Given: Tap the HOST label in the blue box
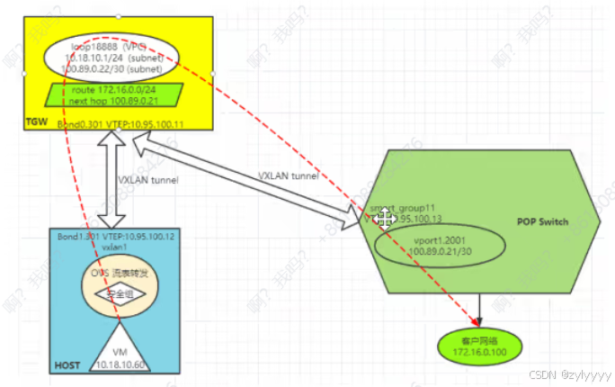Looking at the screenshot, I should click(69, 365).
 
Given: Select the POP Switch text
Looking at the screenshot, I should click(542, 221).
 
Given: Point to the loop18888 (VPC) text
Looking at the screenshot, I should click(109, 41).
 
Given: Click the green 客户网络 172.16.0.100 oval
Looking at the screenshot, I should click(480, 345).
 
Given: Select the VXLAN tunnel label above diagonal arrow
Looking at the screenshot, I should click(289, 175).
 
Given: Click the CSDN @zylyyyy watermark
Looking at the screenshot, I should click(569, 373).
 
